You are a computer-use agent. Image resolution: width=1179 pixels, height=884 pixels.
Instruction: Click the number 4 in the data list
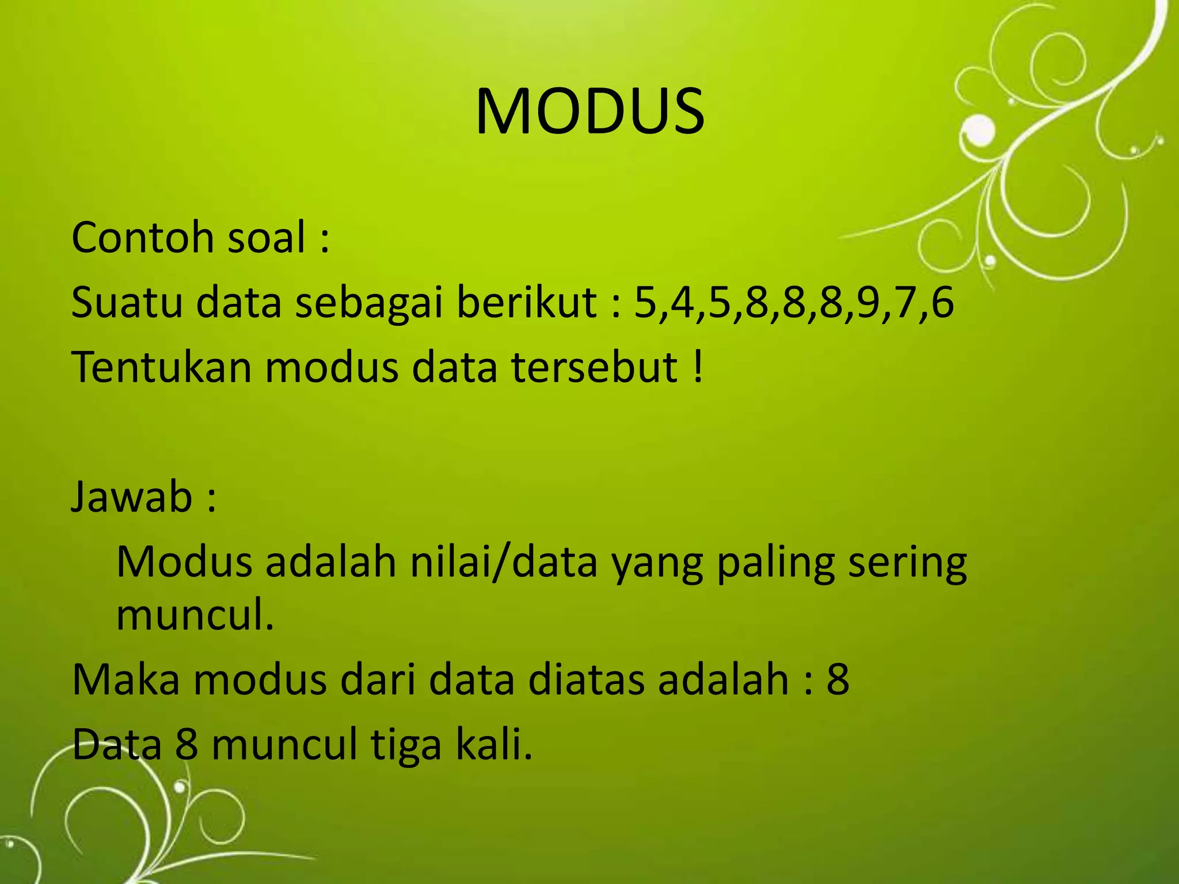point(683,303)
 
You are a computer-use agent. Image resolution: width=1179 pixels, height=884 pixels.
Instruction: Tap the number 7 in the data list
point(906,303)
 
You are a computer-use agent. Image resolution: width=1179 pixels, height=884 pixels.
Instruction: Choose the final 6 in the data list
point(942,303)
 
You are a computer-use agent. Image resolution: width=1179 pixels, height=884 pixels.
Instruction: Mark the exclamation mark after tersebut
point(698,367)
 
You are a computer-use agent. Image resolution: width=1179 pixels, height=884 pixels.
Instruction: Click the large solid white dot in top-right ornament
point(978,131)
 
